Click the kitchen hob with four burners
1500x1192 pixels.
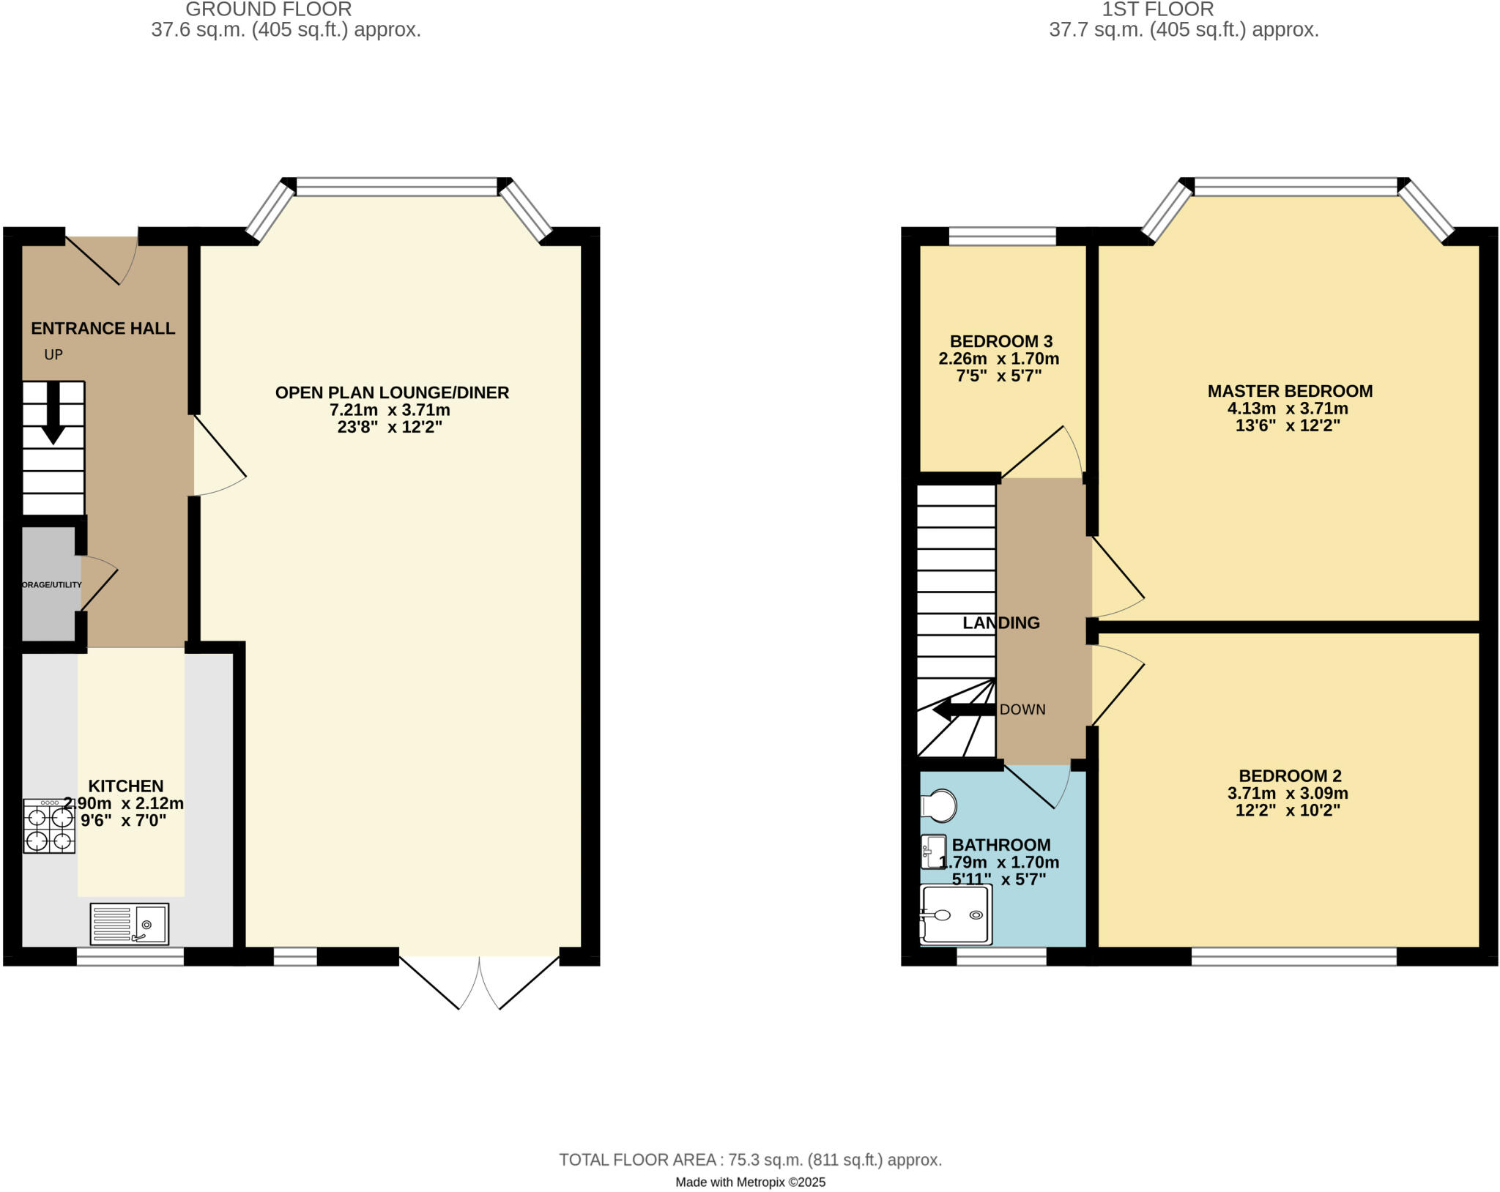(x=49, y=826)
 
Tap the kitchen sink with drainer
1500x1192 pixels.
(x=130, y=923)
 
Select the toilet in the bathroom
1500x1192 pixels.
(x=940, y=806)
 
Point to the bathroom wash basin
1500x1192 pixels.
(x=932, y=852)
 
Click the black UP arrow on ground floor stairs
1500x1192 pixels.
(x=53, y=414)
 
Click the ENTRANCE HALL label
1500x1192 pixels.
(x=103, y=328)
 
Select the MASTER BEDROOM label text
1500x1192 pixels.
(x=1290, y=391)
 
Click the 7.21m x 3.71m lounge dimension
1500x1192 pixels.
(x=390, y=410)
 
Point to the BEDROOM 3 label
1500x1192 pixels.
(x=1000, y=341)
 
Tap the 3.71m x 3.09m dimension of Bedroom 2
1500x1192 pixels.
(x=1288, y=793)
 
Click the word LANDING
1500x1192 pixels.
(x=1000, y=622)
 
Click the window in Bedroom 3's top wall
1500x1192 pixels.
(x=1002, y=236)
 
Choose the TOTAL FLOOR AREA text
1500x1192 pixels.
(x=750, y=1159)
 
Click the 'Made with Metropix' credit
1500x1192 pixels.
(x=750, y=1182)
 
